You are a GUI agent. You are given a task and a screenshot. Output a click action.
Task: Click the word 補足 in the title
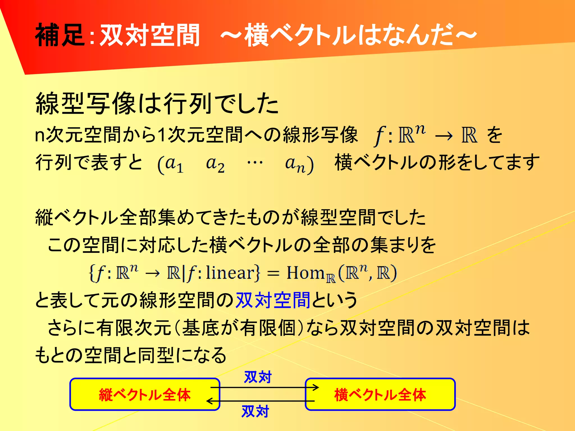click(x=60, y=35)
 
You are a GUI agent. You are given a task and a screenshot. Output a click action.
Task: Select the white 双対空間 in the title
click(x=150, y=35)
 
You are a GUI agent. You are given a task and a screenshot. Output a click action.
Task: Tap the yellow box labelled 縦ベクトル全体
click(x=145, y=394)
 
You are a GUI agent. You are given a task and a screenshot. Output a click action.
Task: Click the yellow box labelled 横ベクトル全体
click(x=380, y=394)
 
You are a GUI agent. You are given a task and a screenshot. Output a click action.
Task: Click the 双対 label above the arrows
click(x=258, y=377)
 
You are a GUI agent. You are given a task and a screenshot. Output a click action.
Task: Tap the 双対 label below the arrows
click(x=255, y=411)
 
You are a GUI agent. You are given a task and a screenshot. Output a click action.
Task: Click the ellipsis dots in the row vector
click(x=255, y=162)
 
